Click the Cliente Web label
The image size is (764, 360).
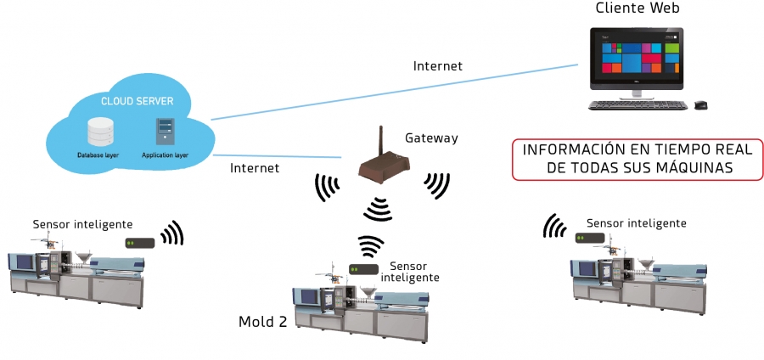click(x=638, y=9)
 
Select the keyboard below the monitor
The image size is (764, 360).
click(x=638, y=105)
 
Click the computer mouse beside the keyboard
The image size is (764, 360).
click(x=700, y=105)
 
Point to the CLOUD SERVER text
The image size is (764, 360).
click(x=138, y=101)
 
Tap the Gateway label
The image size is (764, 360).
click(x=431, y=138)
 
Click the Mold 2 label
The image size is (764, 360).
click(x=263, y=321)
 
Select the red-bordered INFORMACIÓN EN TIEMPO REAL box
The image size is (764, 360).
click(x=632, y=159)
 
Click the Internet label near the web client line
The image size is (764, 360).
click(x=437, y=65)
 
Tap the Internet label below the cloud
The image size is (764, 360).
click(x=255, y=168)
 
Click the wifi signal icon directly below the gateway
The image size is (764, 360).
click(x=377, y=206)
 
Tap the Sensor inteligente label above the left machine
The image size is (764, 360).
click(x=82, y=224)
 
